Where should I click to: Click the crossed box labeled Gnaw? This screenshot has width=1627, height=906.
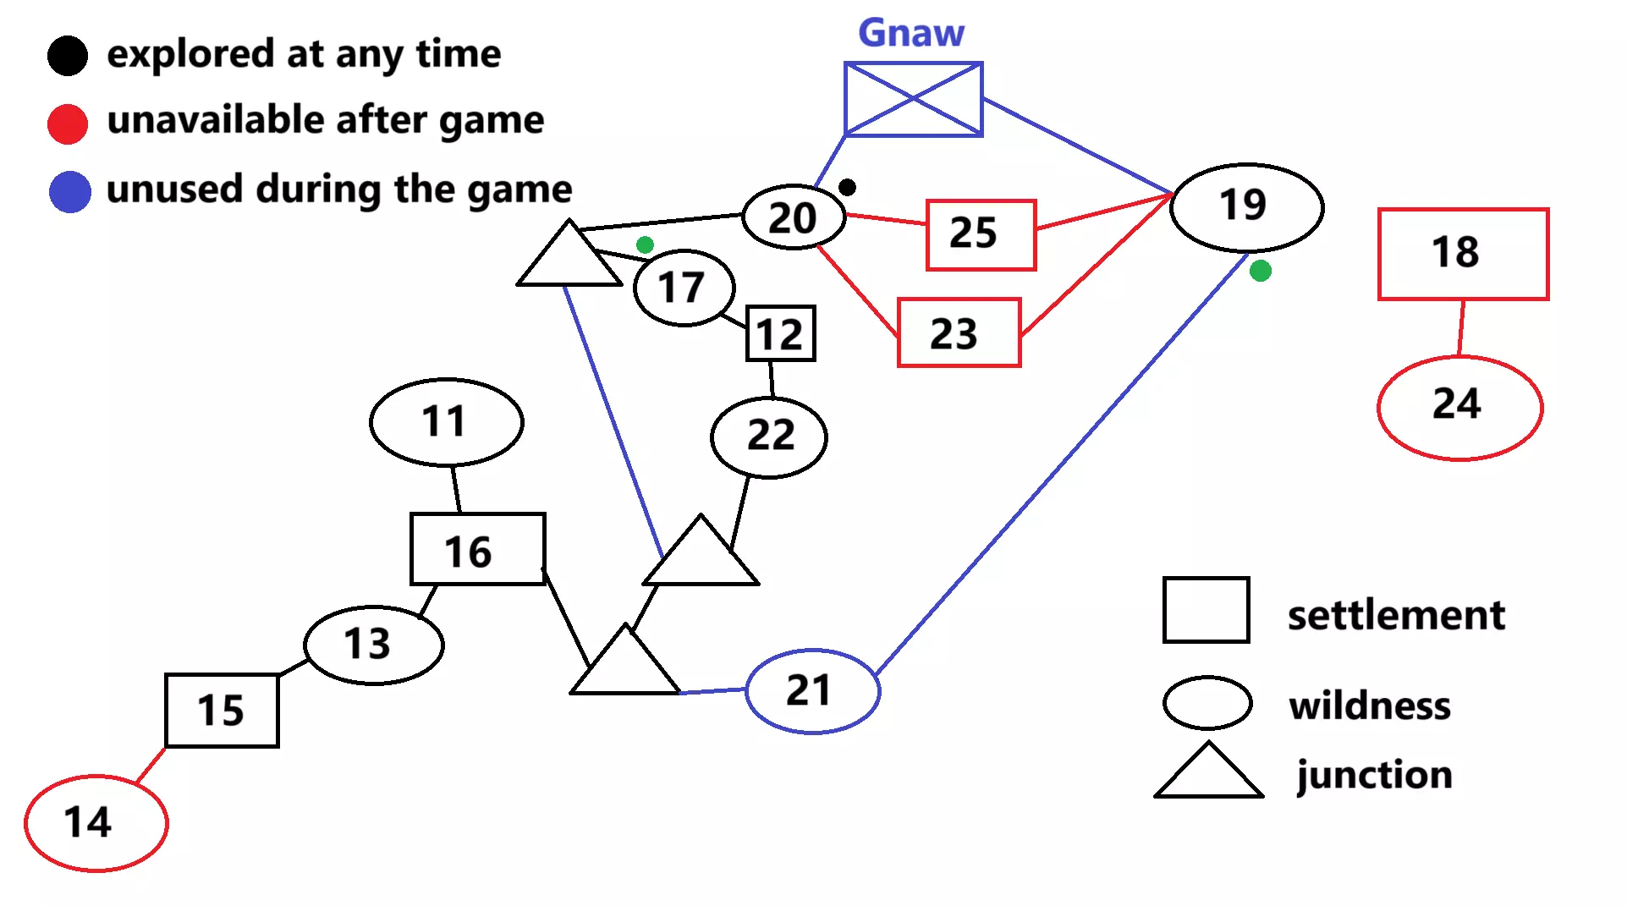(913, 99)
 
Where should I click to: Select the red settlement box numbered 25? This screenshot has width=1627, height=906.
(981, 234)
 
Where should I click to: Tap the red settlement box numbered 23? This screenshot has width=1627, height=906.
(959, 332)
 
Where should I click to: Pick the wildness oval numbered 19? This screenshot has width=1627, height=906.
(1246, 206)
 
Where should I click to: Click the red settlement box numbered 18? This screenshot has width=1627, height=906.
(1463, 253)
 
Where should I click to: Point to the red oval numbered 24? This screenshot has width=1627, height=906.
(1459, 407)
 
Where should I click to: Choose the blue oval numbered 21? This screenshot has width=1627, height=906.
(812, 690)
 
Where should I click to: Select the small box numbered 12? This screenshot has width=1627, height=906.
(780, 333)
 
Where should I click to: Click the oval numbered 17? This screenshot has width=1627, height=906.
(684, 288)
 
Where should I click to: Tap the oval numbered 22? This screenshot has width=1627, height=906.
(769, 437)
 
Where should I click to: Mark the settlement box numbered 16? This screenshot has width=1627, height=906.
(477, 549)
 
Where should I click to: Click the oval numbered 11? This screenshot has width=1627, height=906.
(446, 421)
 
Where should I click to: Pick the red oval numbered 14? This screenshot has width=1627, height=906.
(96, 822)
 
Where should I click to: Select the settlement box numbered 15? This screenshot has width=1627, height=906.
(222, 710)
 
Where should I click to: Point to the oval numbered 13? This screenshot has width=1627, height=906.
(373, 645)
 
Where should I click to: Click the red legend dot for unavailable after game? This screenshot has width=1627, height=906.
(68, 124)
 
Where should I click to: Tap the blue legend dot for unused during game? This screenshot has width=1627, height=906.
(69, 192)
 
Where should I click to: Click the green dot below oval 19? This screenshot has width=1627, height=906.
(1260, 271)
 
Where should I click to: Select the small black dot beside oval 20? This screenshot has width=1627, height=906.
(847, 187)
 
